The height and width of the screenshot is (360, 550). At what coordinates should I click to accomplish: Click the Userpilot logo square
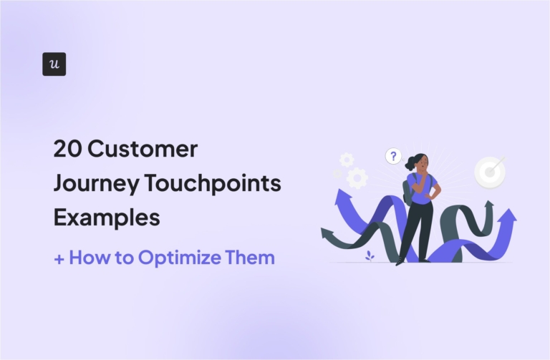tap(54, 64)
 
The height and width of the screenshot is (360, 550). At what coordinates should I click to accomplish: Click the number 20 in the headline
tap(67, 150)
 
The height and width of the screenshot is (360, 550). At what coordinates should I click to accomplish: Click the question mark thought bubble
tap(392, 156)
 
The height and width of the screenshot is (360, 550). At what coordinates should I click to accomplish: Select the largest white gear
tap(357, 177)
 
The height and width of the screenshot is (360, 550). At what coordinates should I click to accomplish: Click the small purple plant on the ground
tap(370, 254)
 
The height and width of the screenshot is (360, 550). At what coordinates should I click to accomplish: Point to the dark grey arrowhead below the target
tap(489, 207)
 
